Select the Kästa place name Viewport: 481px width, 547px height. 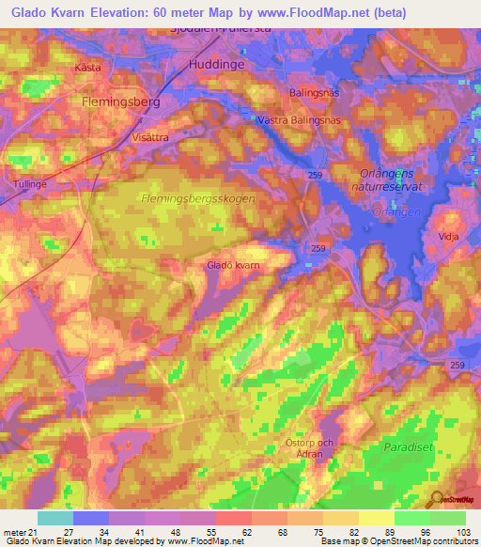pos(87,69)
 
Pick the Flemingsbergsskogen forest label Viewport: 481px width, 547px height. pos(196,199)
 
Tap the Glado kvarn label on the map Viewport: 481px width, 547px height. pos(233,266)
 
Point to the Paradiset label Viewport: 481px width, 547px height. pos(408,448)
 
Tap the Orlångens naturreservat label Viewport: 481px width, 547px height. pos(394,179)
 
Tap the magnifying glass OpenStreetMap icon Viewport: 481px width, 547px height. pos(435,499)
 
